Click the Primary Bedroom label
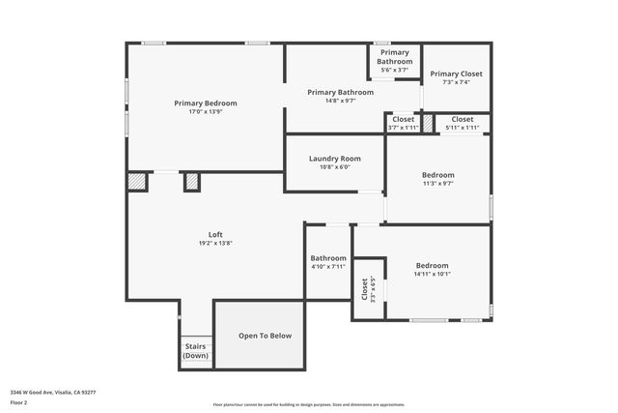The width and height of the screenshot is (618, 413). (205, 103)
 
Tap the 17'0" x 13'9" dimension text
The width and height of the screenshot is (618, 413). (205, 111)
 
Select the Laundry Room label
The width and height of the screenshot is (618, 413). (335, 159)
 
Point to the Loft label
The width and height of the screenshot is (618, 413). (215, 235)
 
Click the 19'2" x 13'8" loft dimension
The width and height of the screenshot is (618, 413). (215, 244)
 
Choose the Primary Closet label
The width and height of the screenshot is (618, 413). (456, 74)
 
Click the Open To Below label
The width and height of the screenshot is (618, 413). (265, 336)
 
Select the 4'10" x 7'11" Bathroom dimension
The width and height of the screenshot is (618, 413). (328, 266)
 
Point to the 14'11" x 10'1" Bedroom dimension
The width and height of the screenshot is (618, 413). (433, 274)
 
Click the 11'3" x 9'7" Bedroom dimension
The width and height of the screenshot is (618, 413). (437, 183)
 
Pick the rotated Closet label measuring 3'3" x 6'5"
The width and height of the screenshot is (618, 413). (364, 288)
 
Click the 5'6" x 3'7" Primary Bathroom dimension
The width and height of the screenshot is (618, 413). (394, 70)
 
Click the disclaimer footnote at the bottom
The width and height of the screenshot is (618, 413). (309, 404)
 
